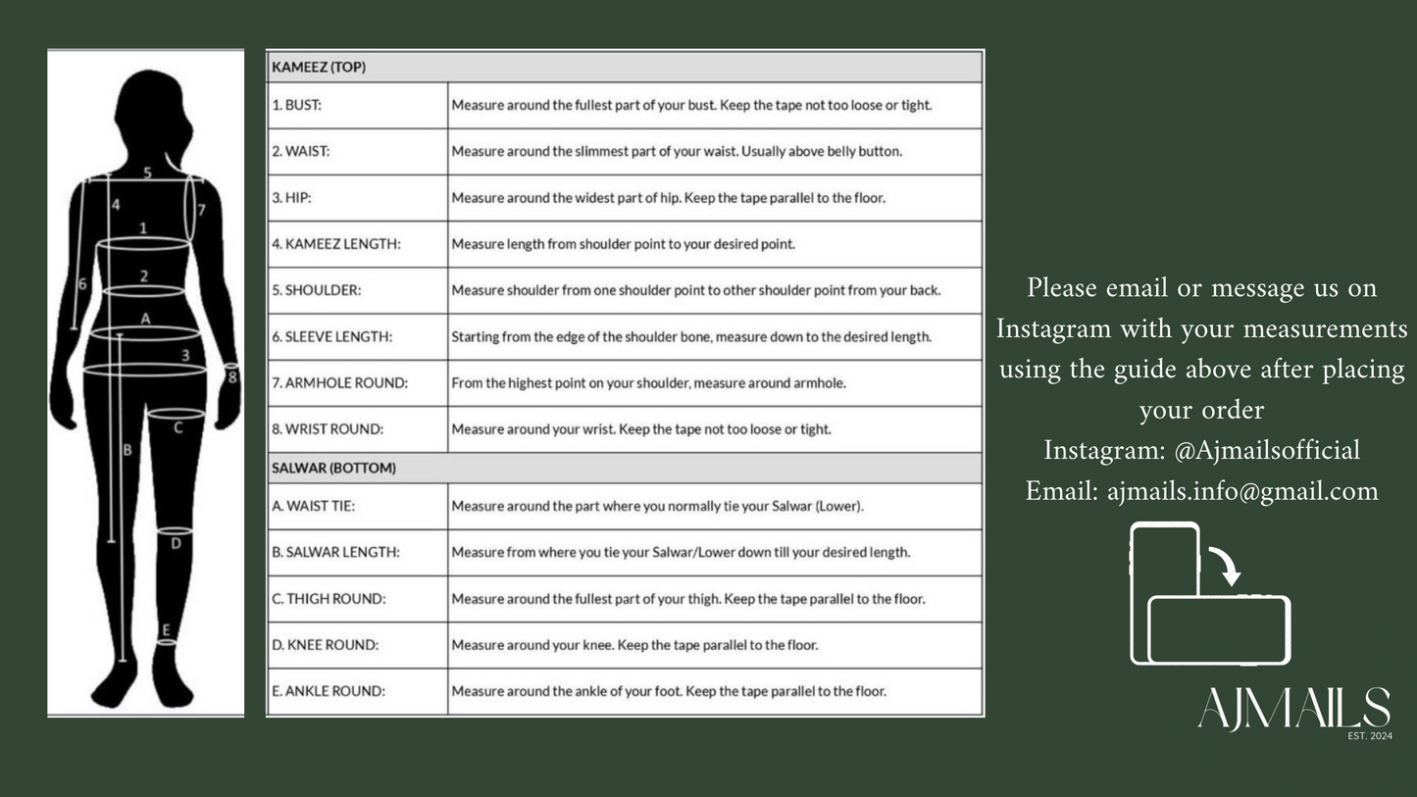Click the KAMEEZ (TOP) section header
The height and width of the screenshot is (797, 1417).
[319, 68]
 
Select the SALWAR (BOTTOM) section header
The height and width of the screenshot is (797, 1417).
[333, 468]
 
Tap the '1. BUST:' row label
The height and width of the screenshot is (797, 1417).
[297, 105]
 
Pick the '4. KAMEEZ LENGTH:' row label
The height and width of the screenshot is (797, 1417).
[336, 244]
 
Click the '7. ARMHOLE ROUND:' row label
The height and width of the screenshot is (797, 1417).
[339, 383]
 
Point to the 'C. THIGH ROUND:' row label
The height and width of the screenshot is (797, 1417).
[329, 598]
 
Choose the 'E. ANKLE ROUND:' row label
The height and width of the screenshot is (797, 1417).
[329, 691]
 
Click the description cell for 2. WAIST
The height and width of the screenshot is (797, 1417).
[677, 151]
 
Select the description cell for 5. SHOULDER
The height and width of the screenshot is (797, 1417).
[695, 290]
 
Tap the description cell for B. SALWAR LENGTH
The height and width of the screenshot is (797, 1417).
[681, 552]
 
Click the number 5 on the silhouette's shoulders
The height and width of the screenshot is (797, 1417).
[147, 174]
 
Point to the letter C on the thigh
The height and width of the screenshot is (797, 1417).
[177, 427]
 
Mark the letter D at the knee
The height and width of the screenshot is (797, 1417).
[176, 542]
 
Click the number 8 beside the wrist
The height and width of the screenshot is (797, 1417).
[231, 375]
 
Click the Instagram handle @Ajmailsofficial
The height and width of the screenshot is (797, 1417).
[1267, 450]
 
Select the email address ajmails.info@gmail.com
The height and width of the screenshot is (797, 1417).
[1242, 490]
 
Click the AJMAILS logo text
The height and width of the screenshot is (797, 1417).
[1293, 708]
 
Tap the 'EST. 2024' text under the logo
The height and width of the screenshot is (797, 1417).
[1370, 735]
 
